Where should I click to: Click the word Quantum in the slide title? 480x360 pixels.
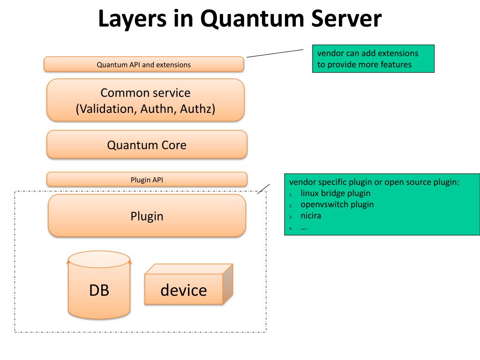tap(252, 19)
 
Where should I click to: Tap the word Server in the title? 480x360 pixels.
tap(346, 18)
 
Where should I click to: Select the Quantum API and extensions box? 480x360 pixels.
tap(144, 64)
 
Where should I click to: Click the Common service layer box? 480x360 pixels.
tap(145, 100)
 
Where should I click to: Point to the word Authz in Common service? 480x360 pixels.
tap(197, 109)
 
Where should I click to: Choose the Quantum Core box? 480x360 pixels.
tap(147, 144)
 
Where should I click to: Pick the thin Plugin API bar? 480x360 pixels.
tap(147, 180)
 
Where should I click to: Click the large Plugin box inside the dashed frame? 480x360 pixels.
tap(147, 216)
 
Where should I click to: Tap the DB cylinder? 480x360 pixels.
tap(99, 285)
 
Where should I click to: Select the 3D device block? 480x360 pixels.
tap(188, 284)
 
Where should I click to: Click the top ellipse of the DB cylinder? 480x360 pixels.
tap(99, 259)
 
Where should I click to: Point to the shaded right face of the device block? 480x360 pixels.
tap(228, 284)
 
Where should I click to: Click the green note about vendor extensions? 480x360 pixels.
tap(373, 59)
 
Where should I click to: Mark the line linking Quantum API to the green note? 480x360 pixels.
tap(275, 53)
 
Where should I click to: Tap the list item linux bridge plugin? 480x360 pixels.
tap(336, 193)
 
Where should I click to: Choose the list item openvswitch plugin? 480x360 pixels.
tap(337, 204)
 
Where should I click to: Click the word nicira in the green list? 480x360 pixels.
tap(311, 216)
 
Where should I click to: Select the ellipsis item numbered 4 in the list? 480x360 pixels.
tap(304, 228)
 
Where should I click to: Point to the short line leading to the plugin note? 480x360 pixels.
tap(263, 189)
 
